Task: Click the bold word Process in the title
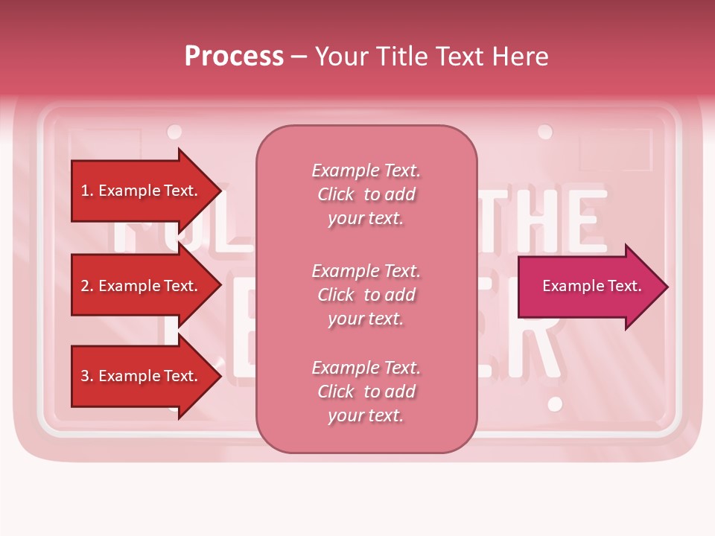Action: [234, 57]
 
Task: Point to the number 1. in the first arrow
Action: [87, 191]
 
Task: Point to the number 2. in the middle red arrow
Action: [87, 286]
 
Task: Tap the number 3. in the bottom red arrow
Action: [87, 376]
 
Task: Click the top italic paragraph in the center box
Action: [366, 194]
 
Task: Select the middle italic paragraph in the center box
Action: [366, 295]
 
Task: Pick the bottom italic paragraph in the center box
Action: [366, 392]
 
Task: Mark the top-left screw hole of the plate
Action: [174, 133]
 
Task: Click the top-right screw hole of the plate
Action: [545, 133]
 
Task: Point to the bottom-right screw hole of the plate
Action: [555, 404]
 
